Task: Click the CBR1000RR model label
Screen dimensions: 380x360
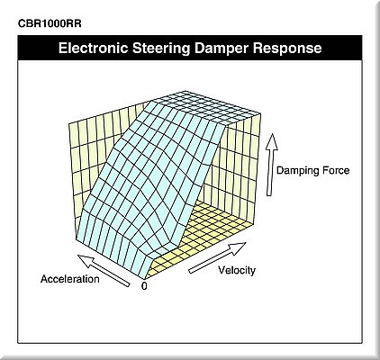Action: tap(50, 23)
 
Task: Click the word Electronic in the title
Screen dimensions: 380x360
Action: tap(93, 48)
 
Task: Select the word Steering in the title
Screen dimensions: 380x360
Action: tap(161, 49)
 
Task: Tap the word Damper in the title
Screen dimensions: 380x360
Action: tap(222, 49)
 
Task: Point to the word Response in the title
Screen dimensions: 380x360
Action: tap(287, 49)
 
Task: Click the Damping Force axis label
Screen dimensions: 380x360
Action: tap(313, 170)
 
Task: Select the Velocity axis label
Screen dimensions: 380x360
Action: tap(237, 270)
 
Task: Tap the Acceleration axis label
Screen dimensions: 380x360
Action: tap(70, 279)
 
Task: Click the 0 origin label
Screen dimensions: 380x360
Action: tap(144, 286)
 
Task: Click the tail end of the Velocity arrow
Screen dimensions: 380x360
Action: tap(190, 271)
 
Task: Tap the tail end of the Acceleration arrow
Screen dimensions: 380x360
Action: tap(129, 284)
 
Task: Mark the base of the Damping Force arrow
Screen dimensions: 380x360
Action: tap(269, 195)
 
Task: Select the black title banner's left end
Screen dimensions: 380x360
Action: tap(20, 48)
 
